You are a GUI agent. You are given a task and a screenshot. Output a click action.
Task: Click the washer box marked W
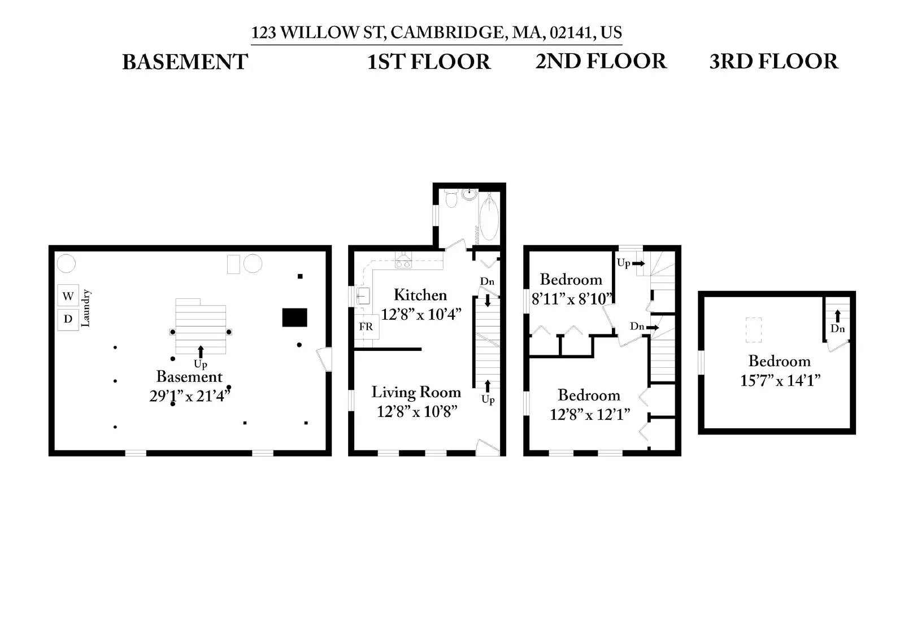(x=68, y=295)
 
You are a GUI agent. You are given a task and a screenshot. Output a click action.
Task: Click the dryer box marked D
(x=68, y=319)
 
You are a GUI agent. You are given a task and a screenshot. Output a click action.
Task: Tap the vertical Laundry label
(x=86, y=308)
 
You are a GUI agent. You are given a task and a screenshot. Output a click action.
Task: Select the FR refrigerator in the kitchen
(x=366, y=327)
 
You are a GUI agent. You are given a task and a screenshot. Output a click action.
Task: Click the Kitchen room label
(x=420, y=295)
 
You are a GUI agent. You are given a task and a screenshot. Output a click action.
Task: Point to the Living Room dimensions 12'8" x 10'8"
(x=416, y=411)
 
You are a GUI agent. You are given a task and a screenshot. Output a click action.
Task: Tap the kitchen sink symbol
(x=362, y=295)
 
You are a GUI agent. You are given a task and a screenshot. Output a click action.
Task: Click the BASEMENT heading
(x=185, y=62)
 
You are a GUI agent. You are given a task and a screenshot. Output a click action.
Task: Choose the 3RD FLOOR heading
(x=773, y=62)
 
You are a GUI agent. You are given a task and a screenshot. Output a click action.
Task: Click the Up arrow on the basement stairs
(x=201, y=352)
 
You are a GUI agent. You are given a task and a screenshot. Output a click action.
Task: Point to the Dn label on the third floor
(x=837, y=329)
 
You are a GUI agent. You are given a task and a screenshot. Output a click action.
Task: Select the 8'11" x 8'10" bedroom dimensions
(x=572, y=298)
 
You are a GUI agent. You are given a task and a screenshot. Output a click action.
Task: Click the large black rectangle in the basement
(x=294, y=318)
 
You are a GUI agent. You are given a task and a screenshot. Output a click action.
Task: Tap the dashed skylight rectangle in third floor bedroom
(x=753, y=330)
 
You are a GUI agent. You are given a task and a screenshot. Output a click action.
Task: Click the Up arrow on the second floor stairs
(x=638, y=263)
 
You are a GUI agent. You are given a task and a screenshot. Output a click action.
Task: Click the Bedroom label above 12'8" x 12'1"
(x=589, y=395)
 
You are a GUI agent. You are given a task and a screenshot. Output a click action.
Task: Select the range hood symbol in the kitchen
(x=403, y=262)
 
